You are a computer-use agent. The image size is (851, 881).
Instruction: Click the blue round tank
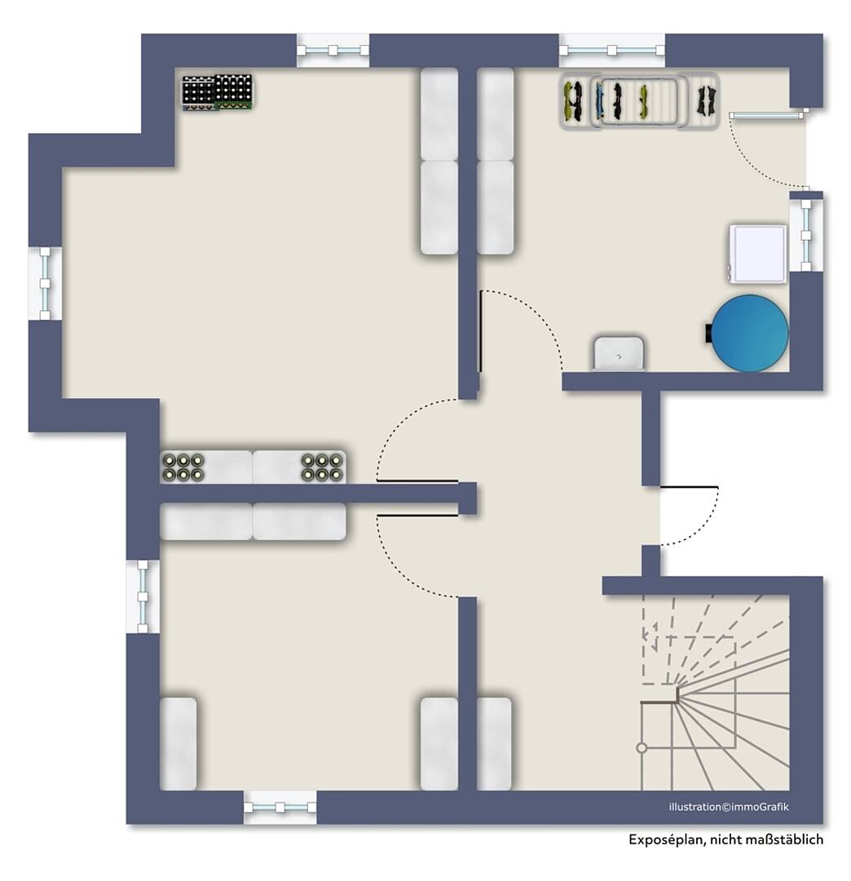(x=749, y=333)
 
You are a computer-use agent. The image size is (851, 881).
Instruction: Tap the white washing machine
(x=756, y=254)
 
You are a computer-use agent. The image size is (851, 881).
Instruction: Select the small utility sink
(x=618, y=353)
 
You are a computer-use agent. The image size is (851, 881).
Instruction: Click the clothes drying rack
(x=639, y=101)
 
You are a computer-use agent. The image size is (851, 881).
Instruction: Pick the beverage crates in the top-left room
(x=218, y=92)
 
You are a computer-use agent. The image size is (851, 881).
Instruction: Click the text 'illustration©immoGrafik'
(x=728, y=807)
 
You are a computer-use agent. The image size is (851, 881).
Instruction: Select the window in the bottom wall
(x=280, y=808)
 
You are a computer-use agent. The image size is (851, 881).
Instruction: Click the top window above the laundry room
(x=611, y=51)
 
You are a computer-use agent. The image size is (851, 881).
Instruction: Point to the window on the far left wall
(x=45, y=284)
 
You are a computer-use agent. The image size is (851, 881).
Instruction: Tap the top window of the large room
(x=333, y=51)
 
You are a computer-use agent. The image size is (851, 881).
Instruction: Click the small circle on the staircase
(x=642, y=748)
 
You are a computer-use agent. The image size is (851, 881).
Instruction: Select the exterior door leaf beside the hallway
(x=690, y=486)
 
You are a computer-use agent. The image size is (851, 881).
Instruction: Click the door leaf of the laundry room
(x=480, y=331)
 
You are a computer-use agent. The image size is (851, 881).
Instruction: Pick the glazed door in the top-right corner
(x=767, y=115)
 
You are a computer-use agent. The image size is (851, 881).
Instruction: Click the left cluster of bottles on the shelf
(x=183, y=467)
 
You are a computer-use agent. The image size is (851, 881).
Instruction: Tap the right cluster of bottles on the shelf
(x=322, y=467)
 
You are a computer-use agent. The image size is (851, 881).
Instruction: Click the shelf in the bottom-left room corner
(x=179, y=744)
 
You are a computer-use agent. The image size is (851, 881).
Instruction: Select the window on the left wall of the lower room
(x=143, y=596)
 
